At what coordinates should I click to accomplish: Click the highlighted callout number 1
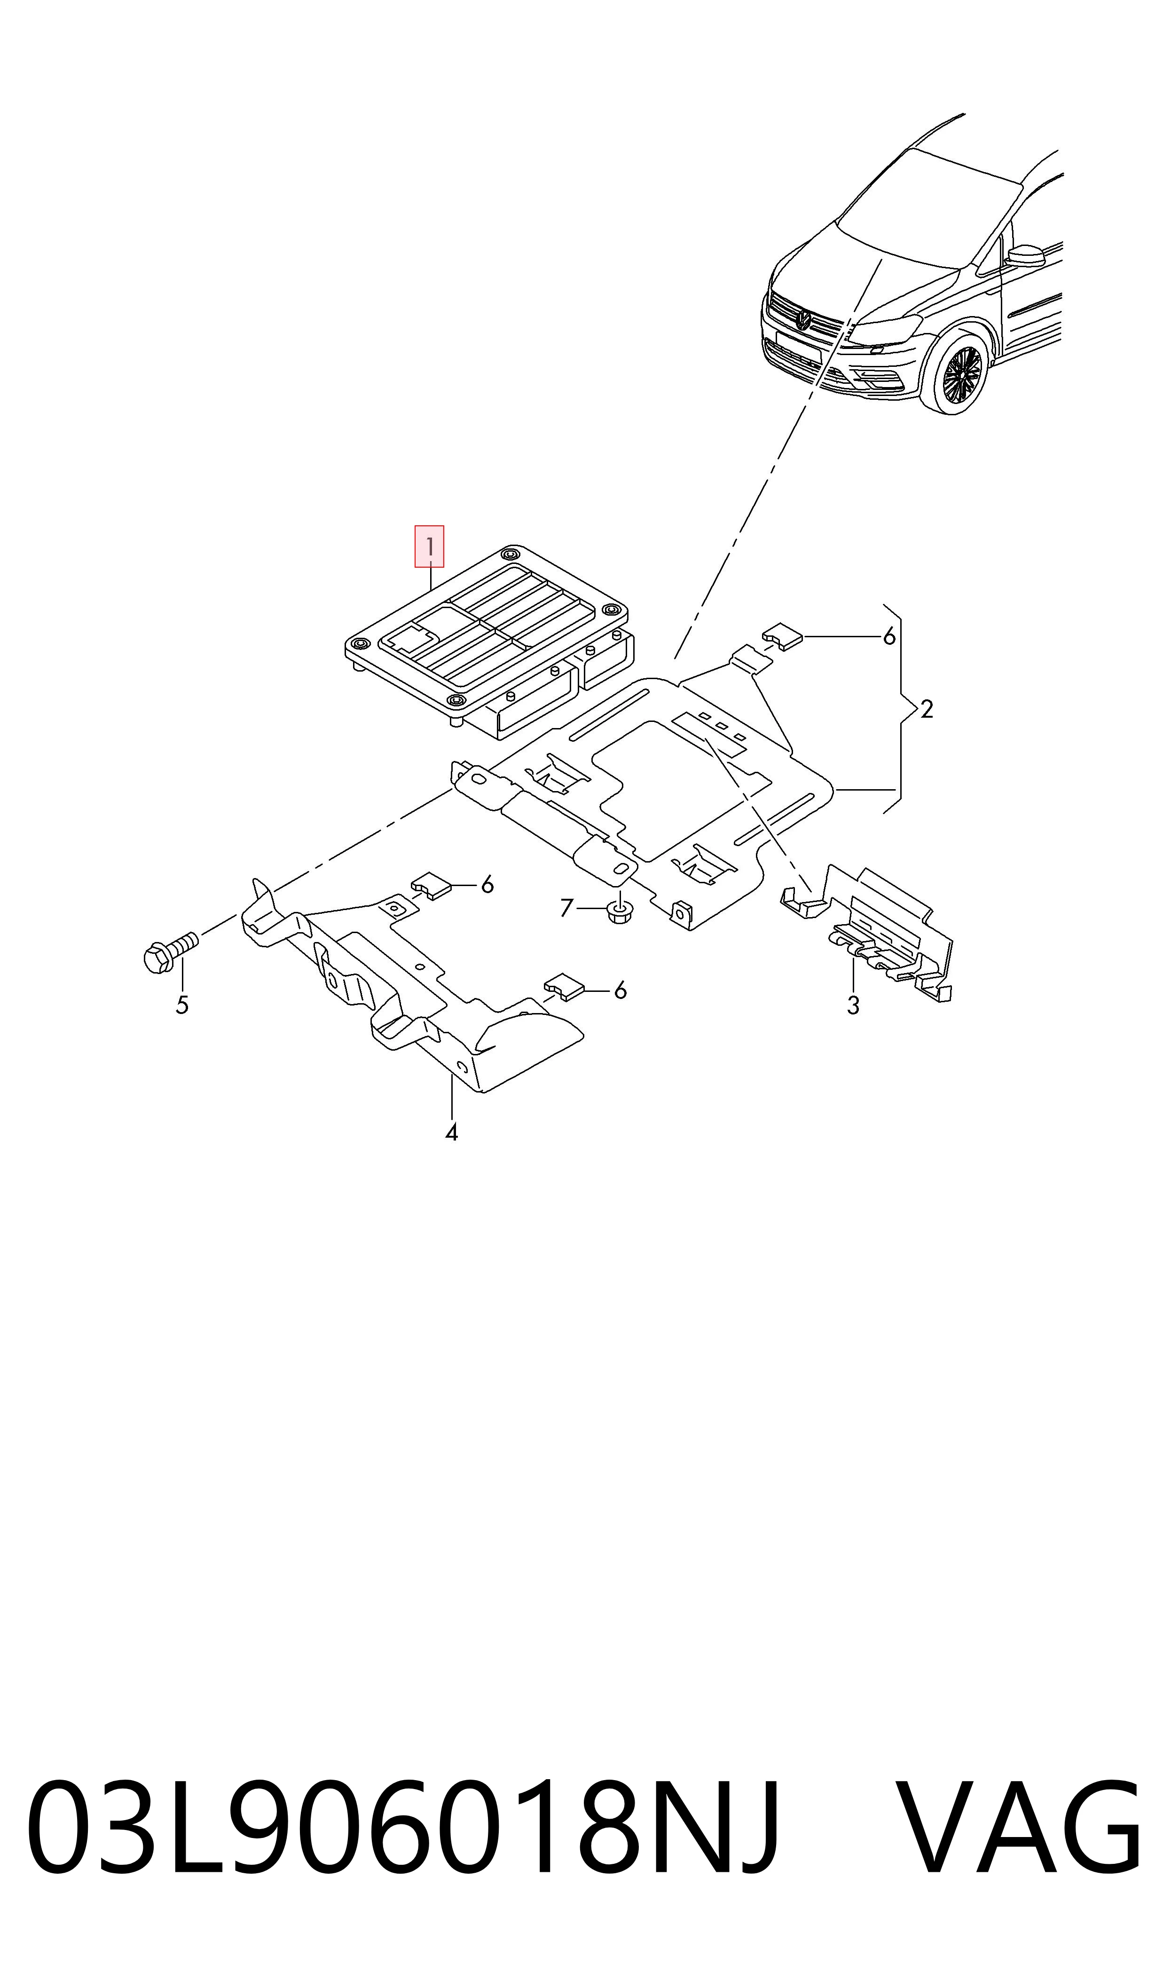[x=429, y=546]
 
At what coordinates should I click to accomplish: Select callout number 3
[x=853, y=1006]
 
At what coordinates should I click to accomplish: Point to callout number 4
[x=451, y=1133]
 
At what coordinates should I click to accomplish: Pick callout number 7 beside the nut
[x=566, y=908]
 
